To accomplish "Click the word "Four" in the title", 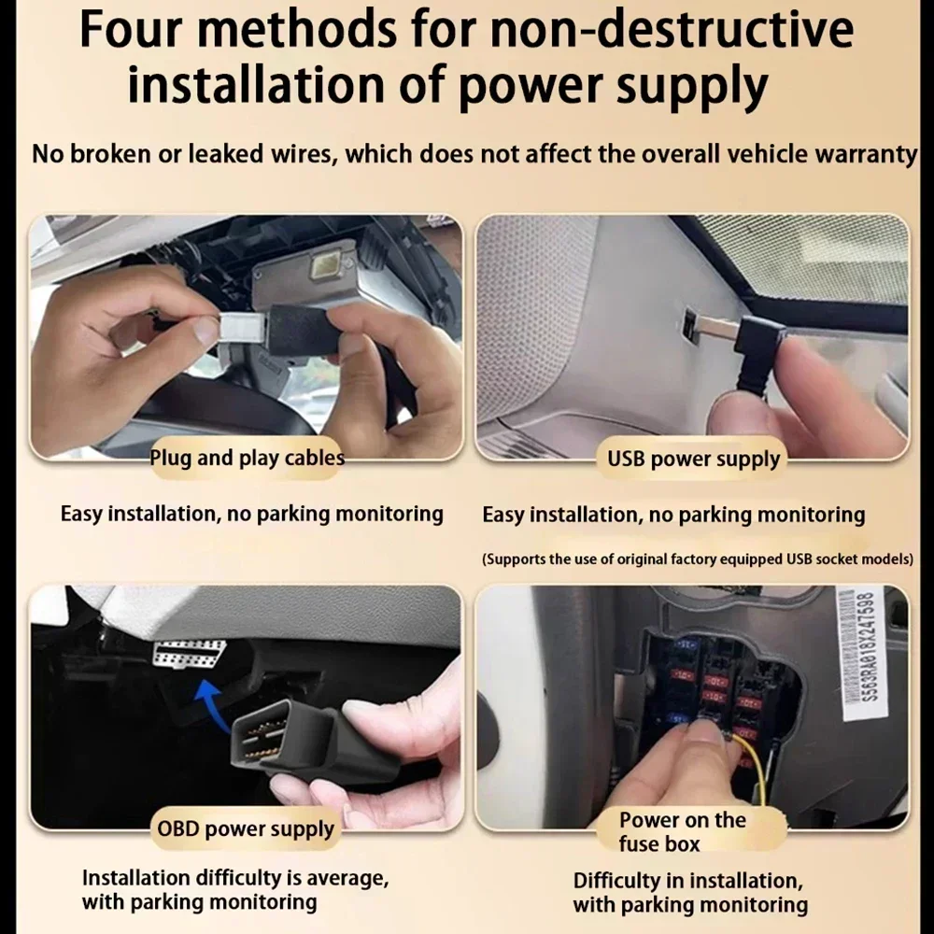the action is point(131,29).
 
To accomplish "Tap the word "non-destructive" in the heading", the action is point(672,29).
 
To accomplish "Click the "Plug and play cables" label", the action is point(247,458).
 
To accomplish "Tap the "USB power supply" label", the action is point(693,460).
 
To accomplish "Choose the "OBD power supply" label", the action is point(246,829).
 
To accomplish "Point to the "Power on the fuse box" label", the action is point(682,831).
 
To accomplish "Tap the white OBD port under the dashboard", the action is point(189,654).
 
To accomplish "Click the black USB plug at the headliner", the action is point(759,354).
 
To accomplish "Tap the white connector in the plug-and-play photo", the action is point(241,328).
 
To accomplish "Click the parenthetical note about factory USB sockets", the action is point(698,559).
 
